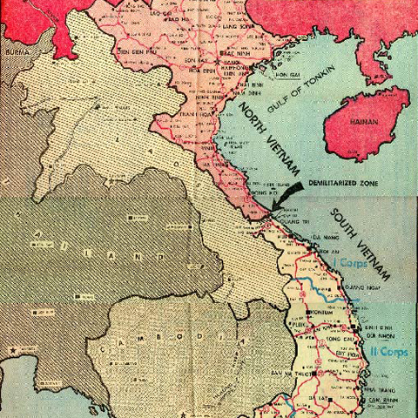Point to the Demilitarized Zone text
click(348, 183)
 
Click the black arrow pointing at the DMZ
click(287, 196)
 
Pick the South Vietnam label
click(361, 243)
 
